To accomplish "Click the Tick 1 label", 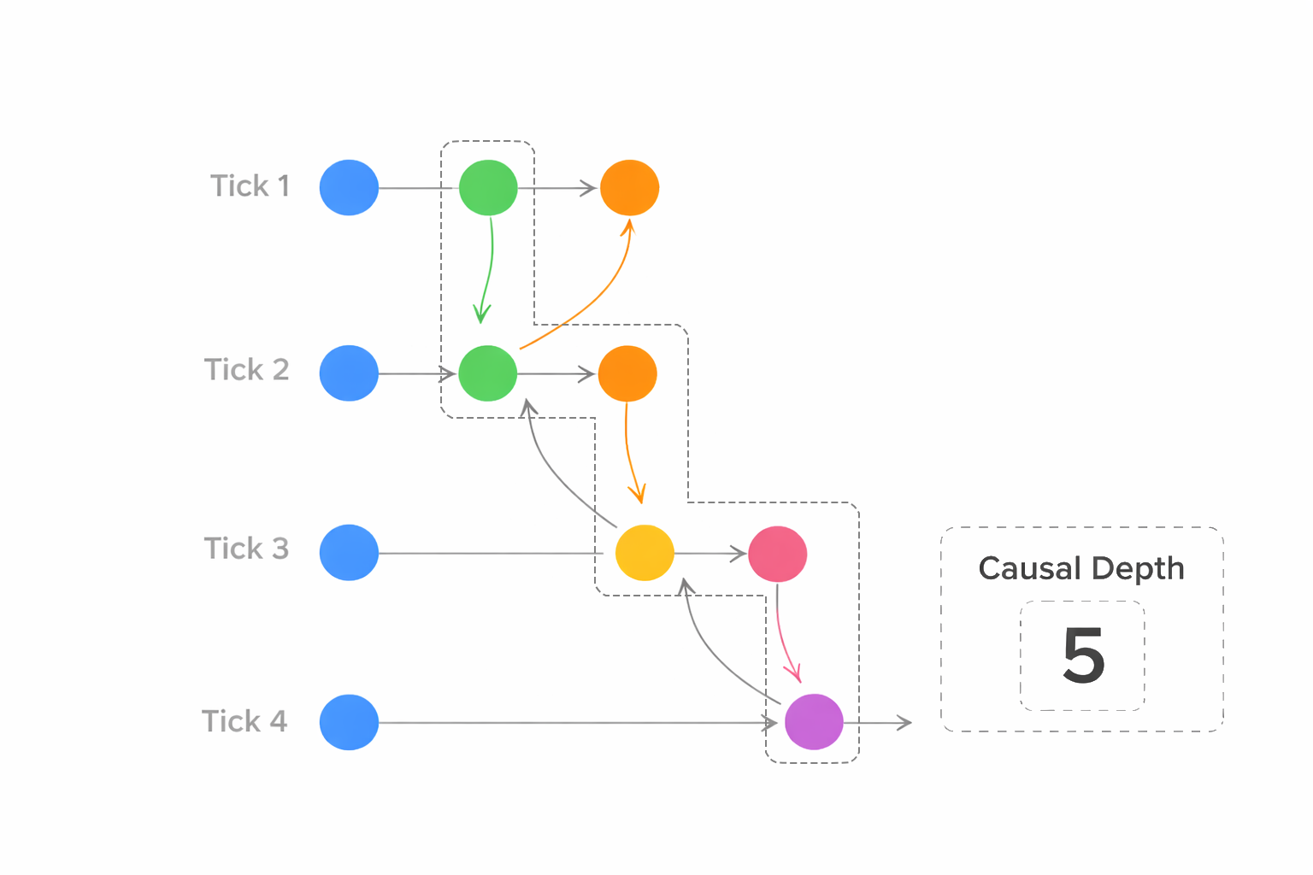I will click(250, 186).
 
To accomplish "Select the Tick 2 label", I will click(246, 370).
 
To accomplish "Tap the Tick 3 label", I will click(246, 549).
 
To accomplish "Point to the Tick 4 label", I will click(244, 721).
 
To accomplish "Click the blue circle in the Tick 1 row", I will click(349, 188).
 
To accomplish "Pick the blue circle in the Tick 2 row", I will click(349, 373).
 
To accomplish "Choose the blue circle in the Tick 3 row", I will click(349, 553).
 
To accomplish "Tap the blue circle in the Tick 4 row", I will click(349, 722).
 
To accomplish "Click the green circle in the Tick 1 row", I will click(488, 188).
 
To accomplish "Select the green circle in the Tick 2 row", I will click(488, 373).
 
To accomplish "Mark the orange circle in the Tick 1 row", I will click(629, 188).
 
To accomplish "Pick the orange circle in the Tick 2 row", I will click(627, 373).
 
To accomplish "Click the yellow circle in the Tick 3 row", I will click(645, 553).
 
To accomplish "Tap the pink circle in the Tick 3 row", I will click(778, 554).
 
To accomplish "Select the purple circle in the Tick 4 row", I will click(814, 722).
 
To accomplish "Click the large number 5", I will click(1083, 655).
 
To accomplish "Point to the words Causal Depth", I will click(1081, 568).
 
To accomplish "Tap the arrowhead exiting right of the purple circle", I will click(904, 723).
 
